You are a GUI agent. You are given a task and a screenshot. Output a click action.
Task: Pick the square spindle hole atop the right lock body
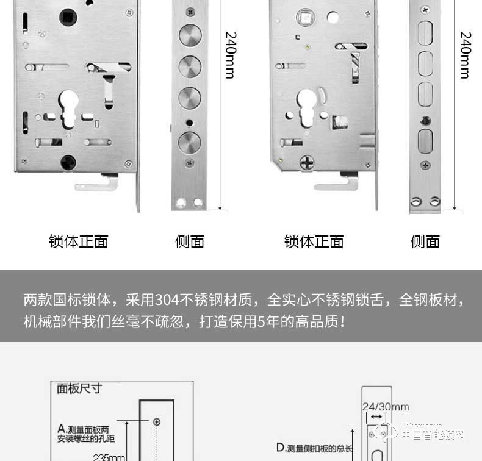(303, 16)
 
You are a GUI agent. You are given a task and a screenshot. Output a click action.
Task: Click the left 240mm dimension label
(230, 55)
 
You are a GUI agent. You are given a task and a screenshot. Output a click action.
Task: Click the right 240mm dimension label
(465, 55)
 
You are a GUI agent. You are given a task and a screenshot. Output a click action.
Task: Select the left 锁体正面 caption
(79, 241)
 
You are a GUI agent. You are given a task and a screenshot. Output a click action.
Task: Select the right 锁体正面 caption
(314, 241)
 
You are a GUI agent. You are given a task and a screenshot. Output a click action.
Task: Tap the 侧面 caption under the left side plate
(189, 241)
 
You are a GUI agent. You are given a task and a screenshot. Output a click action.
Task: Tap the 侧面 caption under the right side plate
(425, 241)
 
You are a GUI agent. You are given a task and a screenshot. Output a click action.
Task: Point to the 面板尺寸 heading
(79, 388)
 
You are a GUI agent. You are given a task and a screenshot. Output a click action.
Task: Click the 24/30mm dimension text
(385, 407)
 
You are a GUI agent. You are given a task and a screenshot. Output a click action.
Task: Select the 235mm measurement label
(109, 457)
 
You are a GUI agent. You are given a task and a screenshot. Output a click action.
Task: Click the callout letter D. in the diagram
(281, 448)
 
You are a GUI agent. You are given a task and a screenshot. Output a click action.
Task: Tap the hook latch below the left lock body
(97, 183)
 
